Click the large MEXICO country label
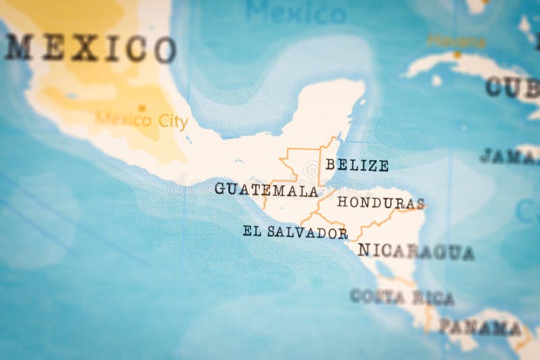pos(90,48)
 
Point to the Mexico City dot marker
pos(142,107)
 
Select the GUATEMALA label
pos(266,189)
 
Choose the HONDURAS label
pos(381,203)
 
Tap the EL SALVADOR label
pos(295,232)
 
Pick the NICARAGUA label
pos(416,251)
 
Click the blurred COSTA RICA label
pos(402,297)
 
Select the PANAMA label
pos(480,328)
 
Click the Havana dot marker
pos(457,54)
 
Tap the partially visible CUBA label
pos(513,87)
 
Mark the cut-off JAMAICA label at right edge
pos(510,157)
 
